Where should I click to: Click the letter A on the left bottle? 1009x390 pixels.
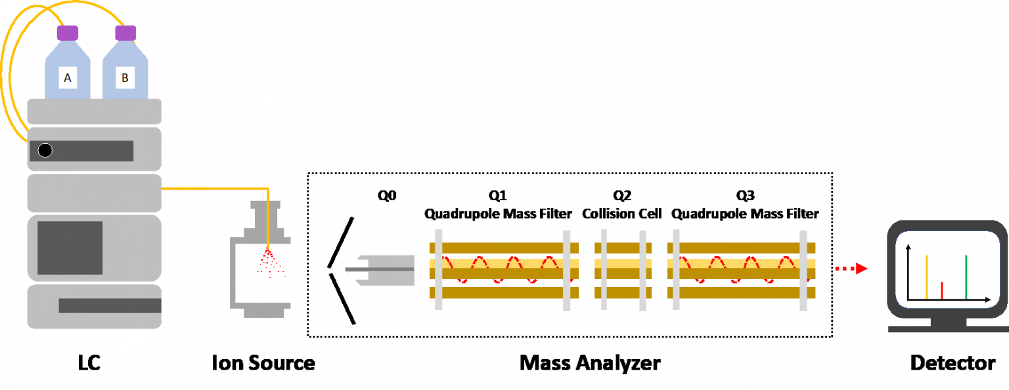[66, 79]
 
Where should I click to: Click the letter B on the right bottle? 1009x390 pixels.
[125, 79]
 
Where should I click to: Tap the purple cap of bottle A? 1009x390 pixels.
[67, 32]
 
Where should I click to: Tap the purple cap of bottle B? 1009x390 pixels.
[125, 32]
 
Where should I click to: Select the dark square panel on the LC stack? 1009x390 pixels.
[70, 248]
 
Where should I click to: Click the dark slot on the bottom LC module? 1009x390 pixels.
[110, 305]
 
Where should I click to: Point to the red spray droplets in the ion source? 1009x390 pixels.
[270, 263]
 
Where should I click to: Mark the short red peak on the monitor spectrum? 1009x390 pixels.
[942, 290]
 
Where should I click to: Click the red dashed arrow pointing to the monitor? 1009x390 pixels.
[851, 269]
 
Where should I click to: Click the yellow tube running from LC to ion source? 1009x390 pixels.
[217, 188]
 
